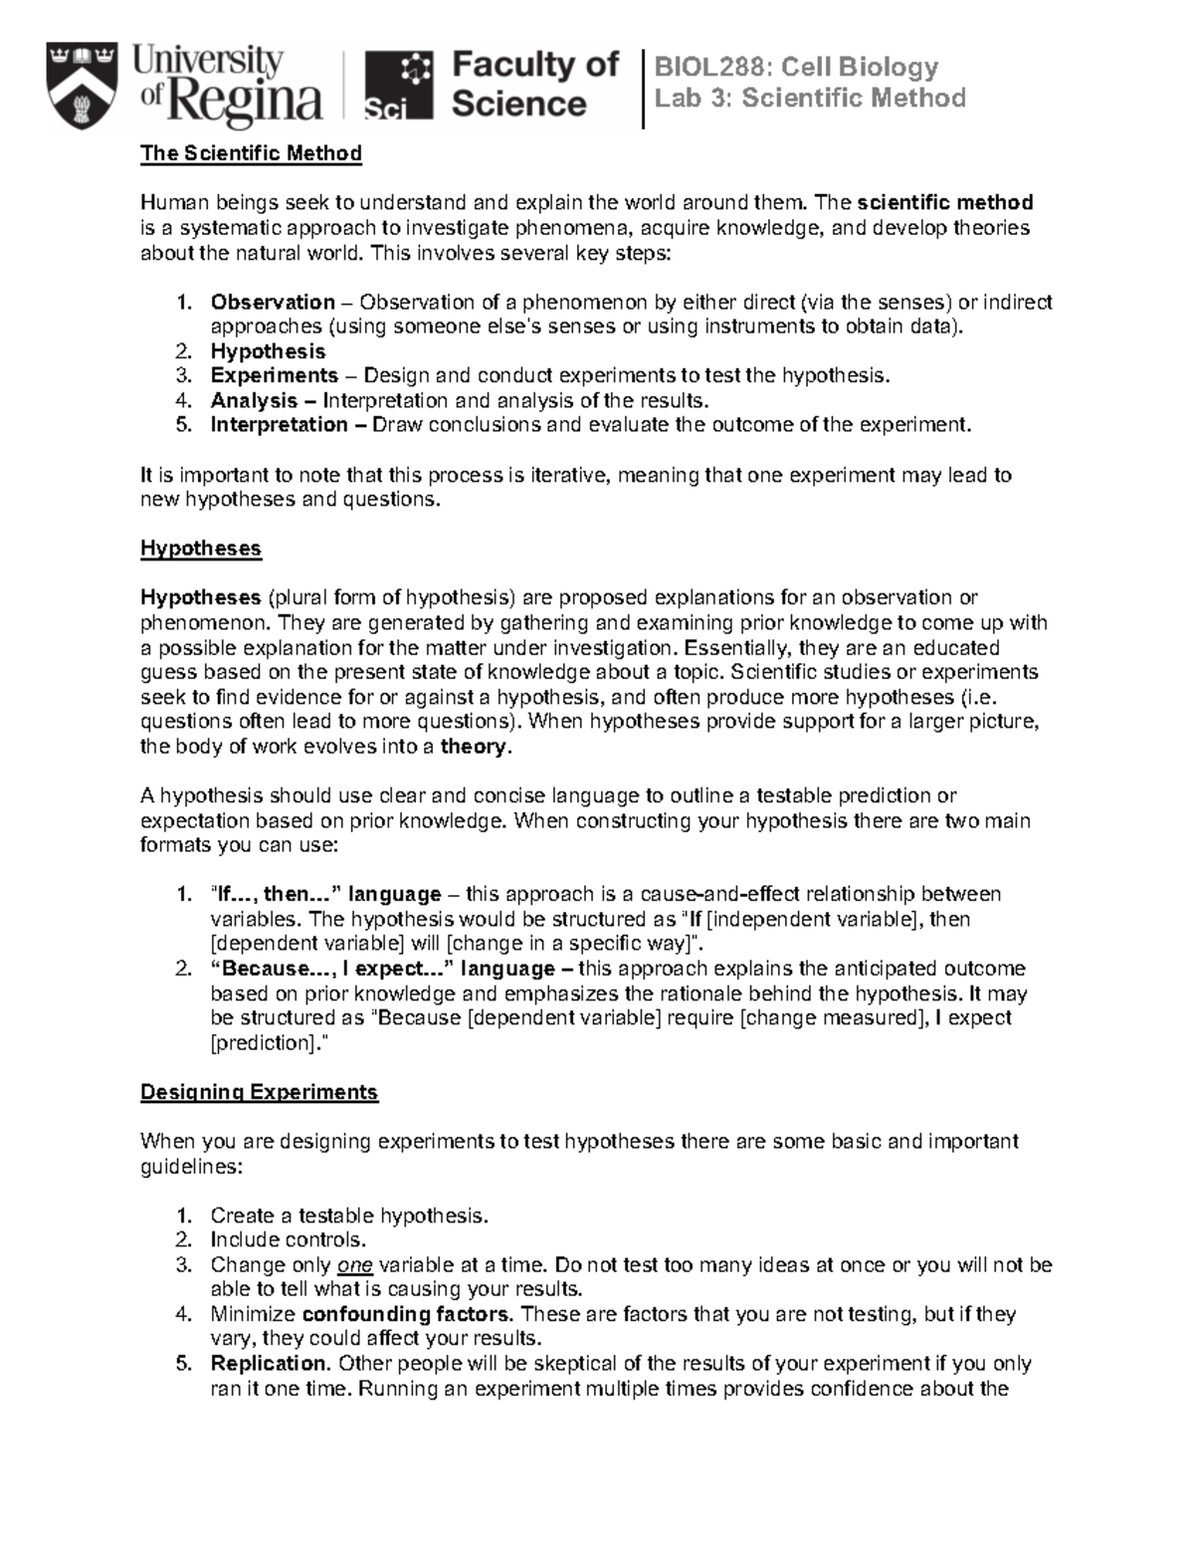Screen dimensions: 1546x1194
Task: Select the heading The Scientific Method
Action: (x=251, y=153)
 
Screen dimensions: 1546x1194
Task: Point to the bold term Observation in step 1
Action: (x=272, y=302)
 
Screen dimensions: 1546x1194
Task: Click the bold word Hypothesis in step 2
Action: (x=268, y=351)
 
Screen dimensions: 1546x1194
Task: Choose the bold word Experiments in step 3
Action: (x=274, y=375)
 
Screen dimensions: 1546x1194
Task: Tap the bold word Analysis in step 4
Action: (x=254, y=400)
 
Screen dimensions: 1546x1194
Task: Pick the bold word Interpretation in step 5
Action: (x=279, y=425)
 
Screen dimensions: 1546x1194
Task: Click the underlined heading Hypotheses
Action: (x=200, y=549)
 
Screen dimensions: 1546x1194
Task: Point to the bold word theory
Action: (x=474, y=747)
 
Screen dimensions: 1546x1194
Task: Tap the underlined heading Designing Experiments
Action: (x=259, y=1092)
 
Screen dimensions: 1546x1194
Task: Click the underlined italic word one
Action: (x=354, y=1265)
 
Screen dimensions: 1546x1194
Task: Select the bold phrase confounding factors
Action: (x=404, y=1314)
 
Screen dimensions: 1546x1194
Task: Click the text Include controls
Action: (x=288, y=1240)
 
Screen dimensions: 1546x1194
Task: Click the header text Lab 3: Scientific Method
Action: (x=809, y=99)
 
